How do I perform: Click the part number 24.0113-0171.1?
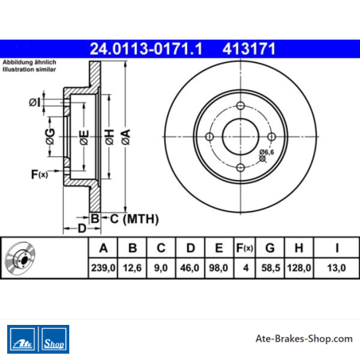coord(146,49)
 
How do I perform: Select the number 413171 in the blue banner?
coord(249,49)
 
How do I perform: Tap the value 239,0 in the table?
coord(104,268)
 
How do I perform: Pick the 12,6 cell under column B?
coord(132,268)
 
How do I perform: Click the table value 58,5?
coord(271,268)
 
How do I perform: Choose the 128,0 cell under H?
coord(299,268)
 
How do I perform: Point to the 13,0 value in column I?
coord(336,268)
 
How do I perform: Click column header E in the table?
coord(219,248)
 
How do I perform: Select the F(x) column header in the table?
coord(245,248)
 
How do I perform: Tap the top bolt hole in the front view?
coord(241,106)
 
